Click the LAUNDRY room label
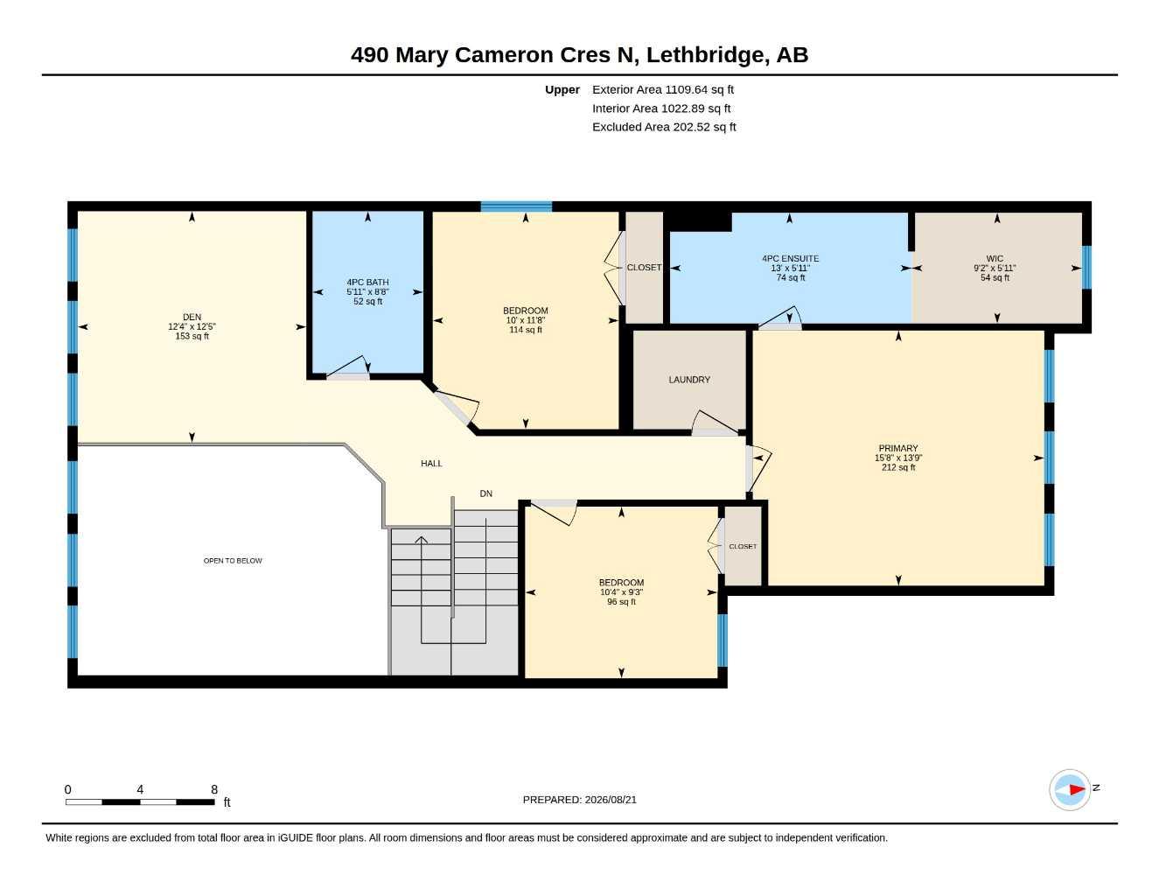[689, 380]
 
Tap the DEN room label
[192, 317]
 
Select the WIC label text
[995, 259]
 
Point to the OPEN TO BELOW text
[233, 561]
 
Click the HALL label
[431, 464]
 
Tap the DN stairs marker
[485, 493]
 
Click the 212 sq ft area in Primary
[898, 467]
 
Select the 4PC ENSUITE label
[790, 259]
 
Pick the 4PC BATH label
[367, 282]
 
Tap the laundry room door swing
[715, 423]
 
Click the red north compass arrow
[1078, 789]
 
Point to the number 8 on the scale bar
[214, 789]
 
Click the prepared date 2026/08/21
[611, 800]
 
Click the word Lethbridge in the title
[708, 55]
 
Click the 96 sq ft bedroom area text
[621, 602]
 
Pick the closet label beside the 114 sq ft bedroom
[644, 268]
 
